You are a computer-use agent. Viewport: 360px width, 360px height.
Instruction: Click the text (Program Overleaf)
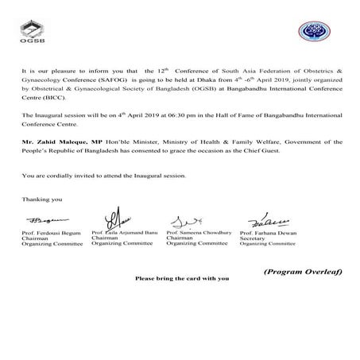click(303, 273)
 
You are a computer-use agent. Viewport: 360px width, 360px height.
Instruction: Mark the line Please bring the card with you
click(182, 279)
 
